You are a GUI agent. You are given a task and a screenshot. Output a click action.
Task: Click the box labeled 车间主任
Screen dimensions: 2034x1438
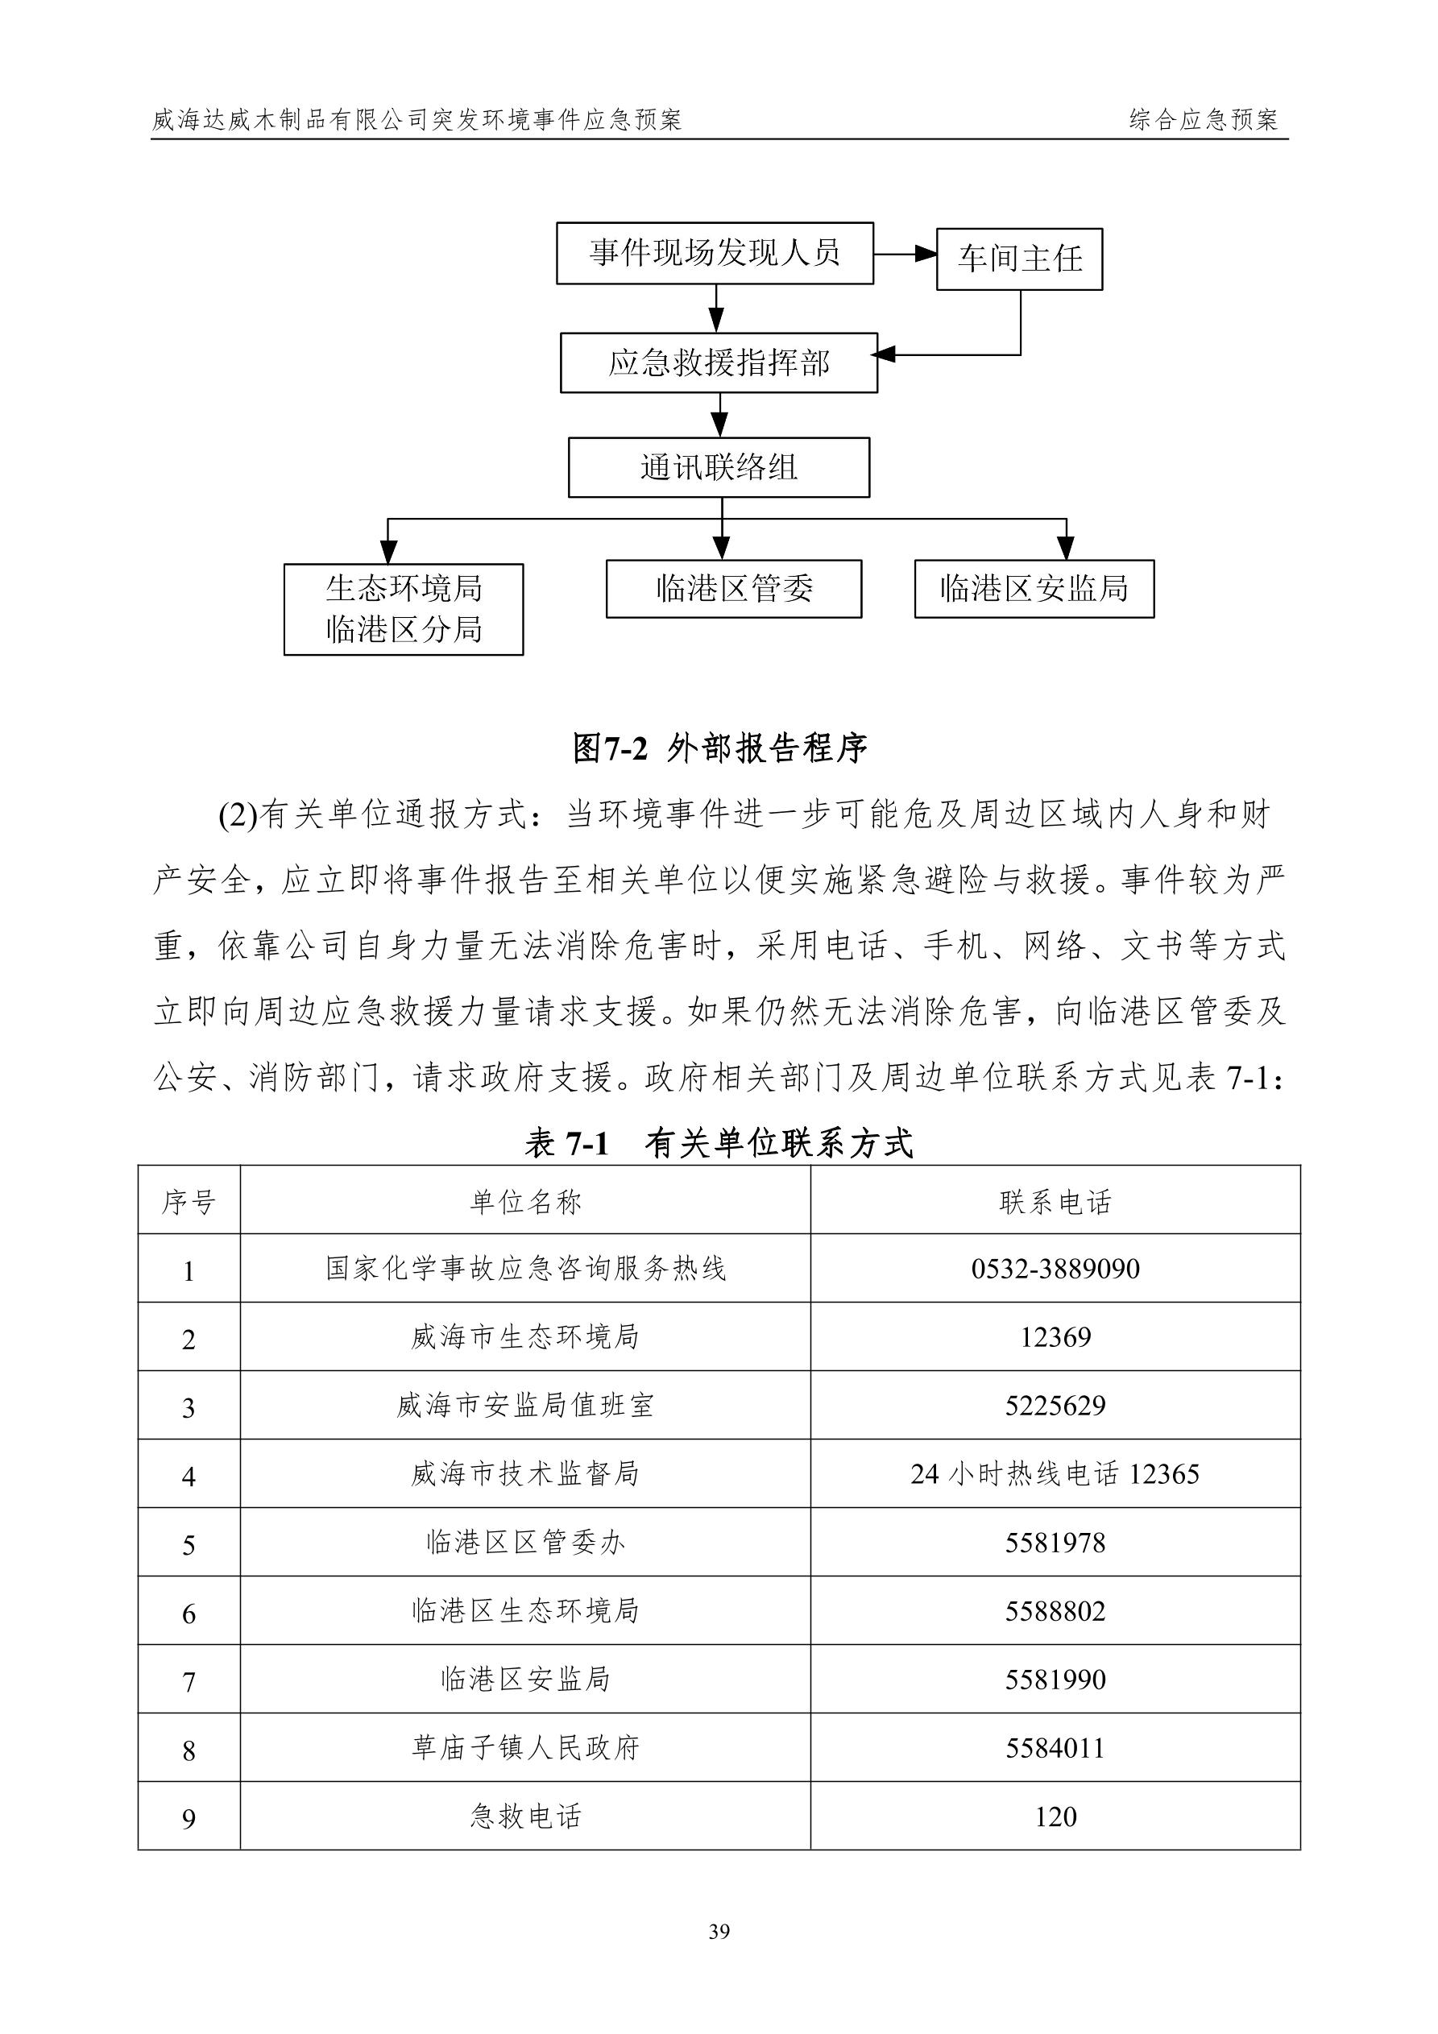coord(1019,259)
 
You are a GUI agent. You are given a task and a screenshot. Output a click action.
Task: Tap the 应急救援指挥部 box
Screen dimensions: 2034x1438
coord(719,363)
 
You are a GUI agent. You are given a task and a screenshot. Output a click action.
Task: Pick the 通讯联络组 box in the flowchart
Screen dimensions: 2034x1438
coord(719,468)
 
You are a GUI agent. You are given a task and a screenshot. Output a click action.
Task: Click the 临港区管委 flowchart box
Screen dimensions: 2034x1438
coord(734,589)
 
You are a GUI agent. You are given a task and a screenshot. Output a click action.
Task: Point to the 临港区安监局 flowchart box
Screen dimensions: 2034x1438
coord(1034,589)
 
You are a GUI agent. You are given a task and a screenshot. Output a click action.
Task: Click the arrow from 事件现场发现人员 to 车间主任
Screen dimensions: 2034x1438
coord(905,255)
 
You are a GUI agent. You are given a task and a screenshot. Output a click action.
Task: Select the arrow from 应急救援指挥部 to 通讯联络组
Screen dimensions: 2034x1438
coord(721,415)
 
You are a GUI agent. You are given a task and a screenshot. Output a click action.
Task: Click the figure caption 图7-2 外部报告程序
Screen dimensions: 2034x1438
coord(719,748)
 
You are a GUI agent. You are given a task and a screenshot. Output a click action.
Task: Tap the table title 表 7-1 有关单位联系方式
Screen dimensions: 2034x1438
coord(719,1144)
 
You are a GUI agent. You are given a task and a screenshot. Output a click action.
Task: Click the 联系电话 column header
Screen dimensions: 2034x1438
coord(1055,1202)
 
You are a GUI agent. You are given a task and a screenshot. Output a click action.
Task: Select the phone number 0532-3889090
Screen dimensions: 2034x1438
coord(1055,1269)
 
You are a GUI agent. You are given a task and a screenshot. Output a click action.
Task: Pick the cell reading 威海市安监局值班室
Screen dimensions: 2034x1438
coord(524,1406)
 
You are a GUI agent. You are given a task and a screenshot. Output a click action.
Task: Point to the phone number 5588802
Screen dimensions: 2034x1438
coord(1055,1610)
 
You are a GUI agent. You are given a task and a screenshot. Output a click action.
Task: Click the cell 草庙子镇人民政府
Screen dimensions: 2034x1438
coord(524,1748)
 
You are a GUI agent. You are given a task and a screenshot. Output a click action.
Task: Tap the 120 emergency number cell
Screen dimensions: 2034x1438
coord(1055,1817)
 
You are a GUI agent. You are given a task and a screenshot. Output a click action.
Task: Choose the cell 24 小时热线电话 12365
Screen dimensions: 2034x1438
coord(1055,1474)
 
